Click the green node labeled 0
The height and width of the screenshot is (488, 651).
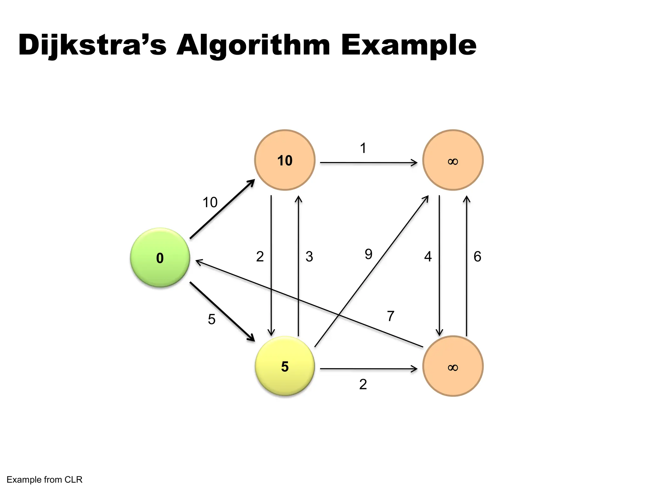pyautogui.click(x=160, y=258)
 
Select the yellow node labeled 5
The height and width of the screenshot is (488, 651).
pyautogui.click(x=285, y=366)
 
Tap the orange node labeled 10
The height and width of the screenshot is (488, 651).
pyautogui.click(x=285, y=160)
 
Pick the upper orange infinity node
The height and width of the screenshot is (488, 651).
pyautogui.click(x=453, y=160)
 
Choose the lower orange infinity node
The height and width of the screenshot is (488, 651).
pyautogui.click(x=453, y=366)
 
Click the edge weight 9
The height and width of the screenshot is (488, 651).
pyautogui.click(x=368, y=254)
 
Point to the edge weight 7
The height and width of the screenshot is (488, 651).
pyautogui.click(x=391, y=316)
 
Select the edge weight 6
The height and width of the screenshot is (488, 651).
pyautogui.click(x=477, y=257)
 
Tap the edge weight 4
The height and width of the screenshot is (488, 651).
pyautogui.click(x=428, y=257)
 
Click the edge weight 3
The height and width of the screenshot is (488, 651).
pyautogui.click(x=309, y=257)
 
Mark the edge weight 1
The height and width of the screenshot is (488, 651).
pyautogui.click(x=363, y=148)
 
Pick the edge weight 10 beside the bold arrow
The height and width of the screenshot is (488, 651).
pyautogui.click(x=210, y=202)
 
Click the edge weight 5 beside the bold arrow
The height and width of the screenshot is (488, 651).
pyautogui.click(x=212, y=319)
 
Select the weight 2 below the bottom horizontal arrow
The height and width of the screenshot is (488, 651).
pyautogui.click(x=363, y=384)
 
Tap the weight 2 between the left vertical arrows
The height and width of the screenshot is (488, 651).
pyautogui.click(x=260, y=257)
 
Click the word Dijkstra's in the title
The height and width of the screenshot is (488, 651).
pyautogui.click(x=92, y=45)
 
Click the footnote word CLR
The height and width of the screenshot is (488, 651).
pyautogui.click(x=73, y=479)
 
